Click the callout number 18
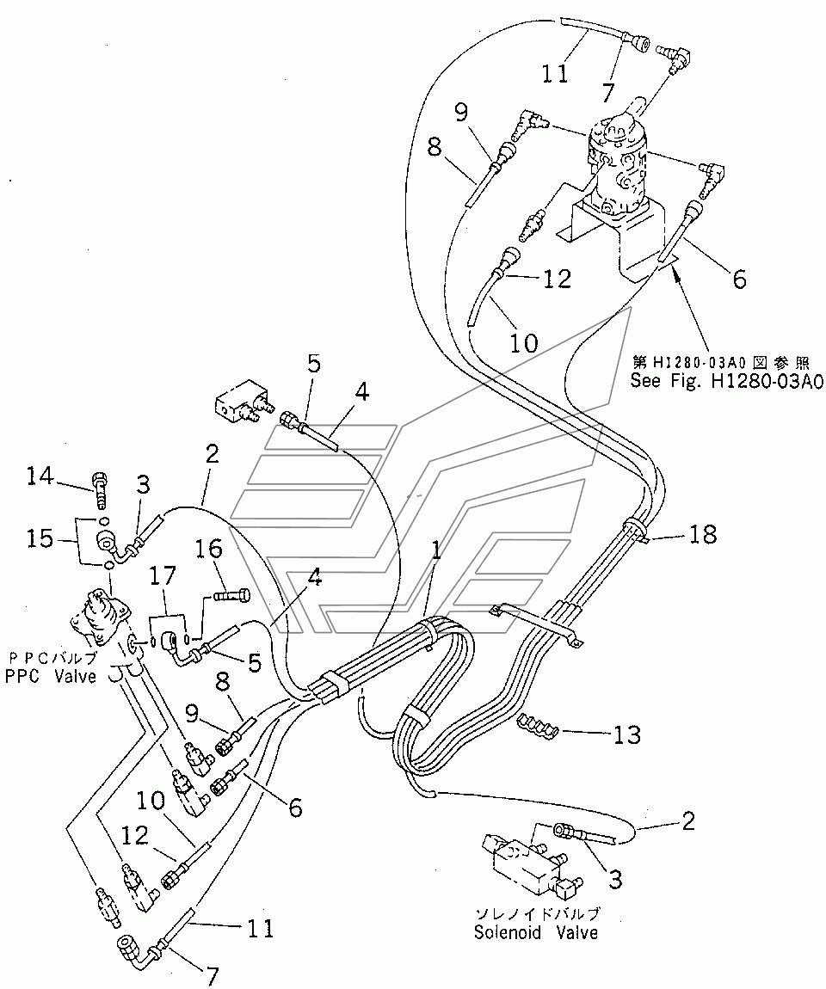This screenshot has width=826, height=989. [x=703, y=535]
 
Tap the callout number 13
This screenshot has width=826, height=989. [x=626, y=735]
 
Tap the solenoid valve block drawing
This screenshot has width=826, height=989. [x=522, y=856]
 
